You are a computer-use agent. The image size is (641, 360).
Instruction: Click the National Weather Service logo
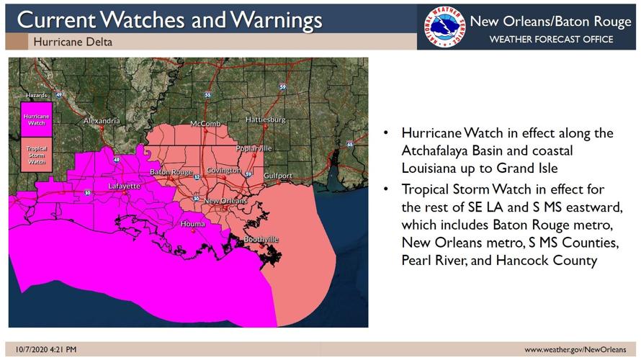444,27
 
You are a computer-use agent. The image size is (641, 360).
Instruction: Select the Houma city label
193,224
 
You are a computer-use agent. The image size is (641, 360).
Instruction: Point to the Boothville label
261,239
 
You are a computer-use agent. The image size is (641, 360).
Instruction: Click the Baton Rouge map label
171,173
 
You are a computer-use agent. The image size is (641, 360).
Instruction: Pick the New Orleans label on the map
225,201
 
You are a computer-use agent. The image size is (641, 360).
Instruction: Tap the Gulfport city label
278,176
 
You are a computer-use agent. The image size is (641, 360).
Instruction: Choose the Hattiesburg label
265,119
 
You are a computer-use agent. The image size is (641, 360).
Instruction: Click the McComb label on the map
205,124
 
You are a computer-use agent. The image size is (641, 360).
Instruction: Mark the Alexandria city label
102,121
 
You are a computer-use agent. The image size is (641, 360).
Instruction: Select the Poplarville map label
254,148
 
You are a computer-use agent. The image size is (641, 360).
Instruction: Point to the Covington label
223,171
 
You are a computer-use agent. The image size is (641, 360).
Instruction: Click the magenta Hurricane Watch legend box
37,119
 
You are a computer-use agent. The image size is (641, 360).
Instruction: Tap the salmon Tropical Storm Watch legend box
37,155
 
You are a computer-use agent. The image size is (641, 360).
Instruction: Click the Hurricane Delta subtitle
73,42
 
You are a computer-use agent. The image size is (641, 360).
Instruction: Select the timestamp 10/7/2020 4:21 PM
45,350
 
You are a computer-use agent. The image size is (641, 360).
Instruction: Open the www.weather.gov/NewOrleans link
575,350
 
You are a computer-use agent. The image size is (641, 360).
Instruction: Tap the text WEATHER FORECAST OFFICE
551,39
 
